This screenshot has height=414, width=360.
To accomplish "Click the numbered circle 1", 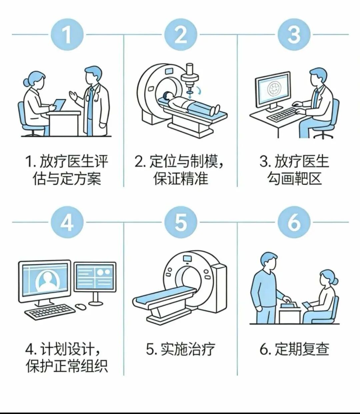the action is point(67,35).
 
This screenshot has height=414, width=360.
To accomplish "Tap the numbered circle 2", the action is point(181,35).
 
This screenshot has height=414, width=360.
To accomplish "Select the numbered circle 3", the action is point(294,35).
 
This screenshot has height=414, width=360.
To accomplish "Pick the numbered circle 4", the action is point(67,222).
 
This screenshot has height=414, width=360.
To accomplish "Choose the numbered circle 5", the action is point(181,222).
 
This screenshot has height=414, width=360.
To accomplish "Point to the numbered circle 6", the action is point(294,222).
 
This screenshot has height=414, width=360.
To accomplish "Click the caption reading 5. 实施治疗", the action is point(180,349).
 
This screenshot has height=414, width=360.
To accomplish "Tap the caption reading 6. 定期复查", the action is point(294,349).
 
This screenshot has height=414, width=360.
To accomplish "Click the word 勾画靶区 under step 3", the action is point(294,179).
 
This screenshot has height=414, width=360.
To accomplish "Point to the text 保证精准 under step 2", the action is point(181,179).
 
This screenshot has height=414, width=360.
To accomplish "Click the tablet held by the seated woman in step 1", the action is point(60,105).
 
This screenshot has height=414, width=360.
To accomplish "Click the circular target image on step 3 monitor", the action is point(273,89).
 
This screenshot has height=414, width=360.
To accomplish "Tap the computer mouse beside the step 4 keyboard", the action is point(81,306).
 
